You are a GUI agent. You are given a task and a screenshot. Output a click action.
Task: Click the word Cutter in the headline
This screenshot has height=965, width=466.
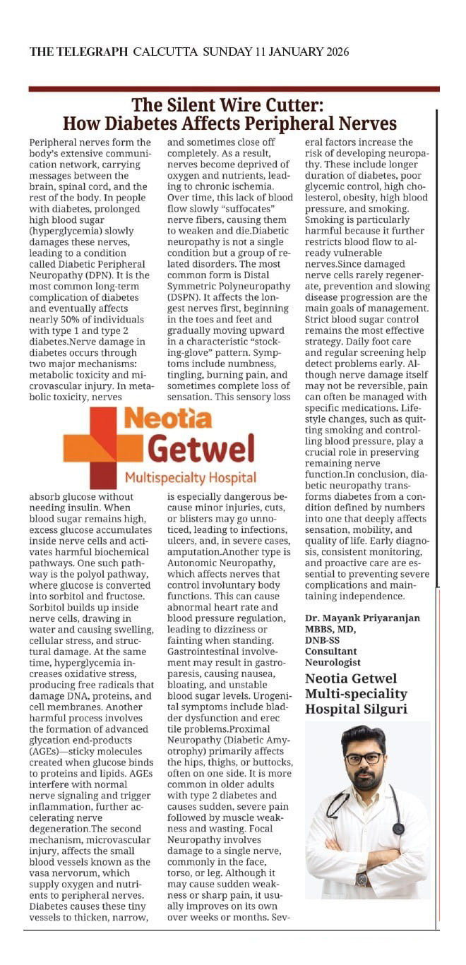(292, 106)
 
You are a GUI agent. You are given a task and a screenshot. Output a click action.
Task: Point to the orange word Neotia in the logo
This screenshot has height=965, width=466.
(167, 419)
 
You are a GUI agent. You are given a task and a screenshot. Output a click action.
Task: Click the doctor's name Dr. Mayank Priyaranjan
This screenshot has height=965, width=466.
(362, 618)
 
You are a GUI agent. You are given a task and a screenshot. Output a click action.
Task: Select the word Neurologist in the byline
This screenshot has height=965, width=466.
(333, 662)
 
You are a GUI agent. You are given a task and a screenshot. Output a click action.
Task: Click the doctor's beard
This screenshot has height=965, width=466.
(364, 780)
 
